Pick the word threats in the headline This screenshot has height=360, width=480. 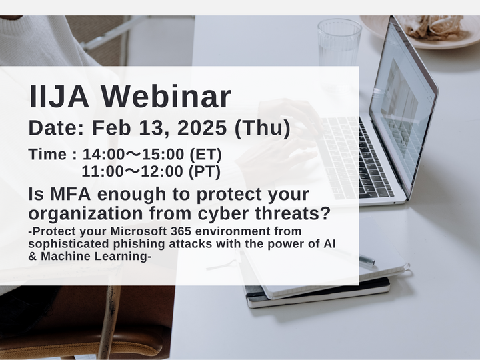tap(299, 214)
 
